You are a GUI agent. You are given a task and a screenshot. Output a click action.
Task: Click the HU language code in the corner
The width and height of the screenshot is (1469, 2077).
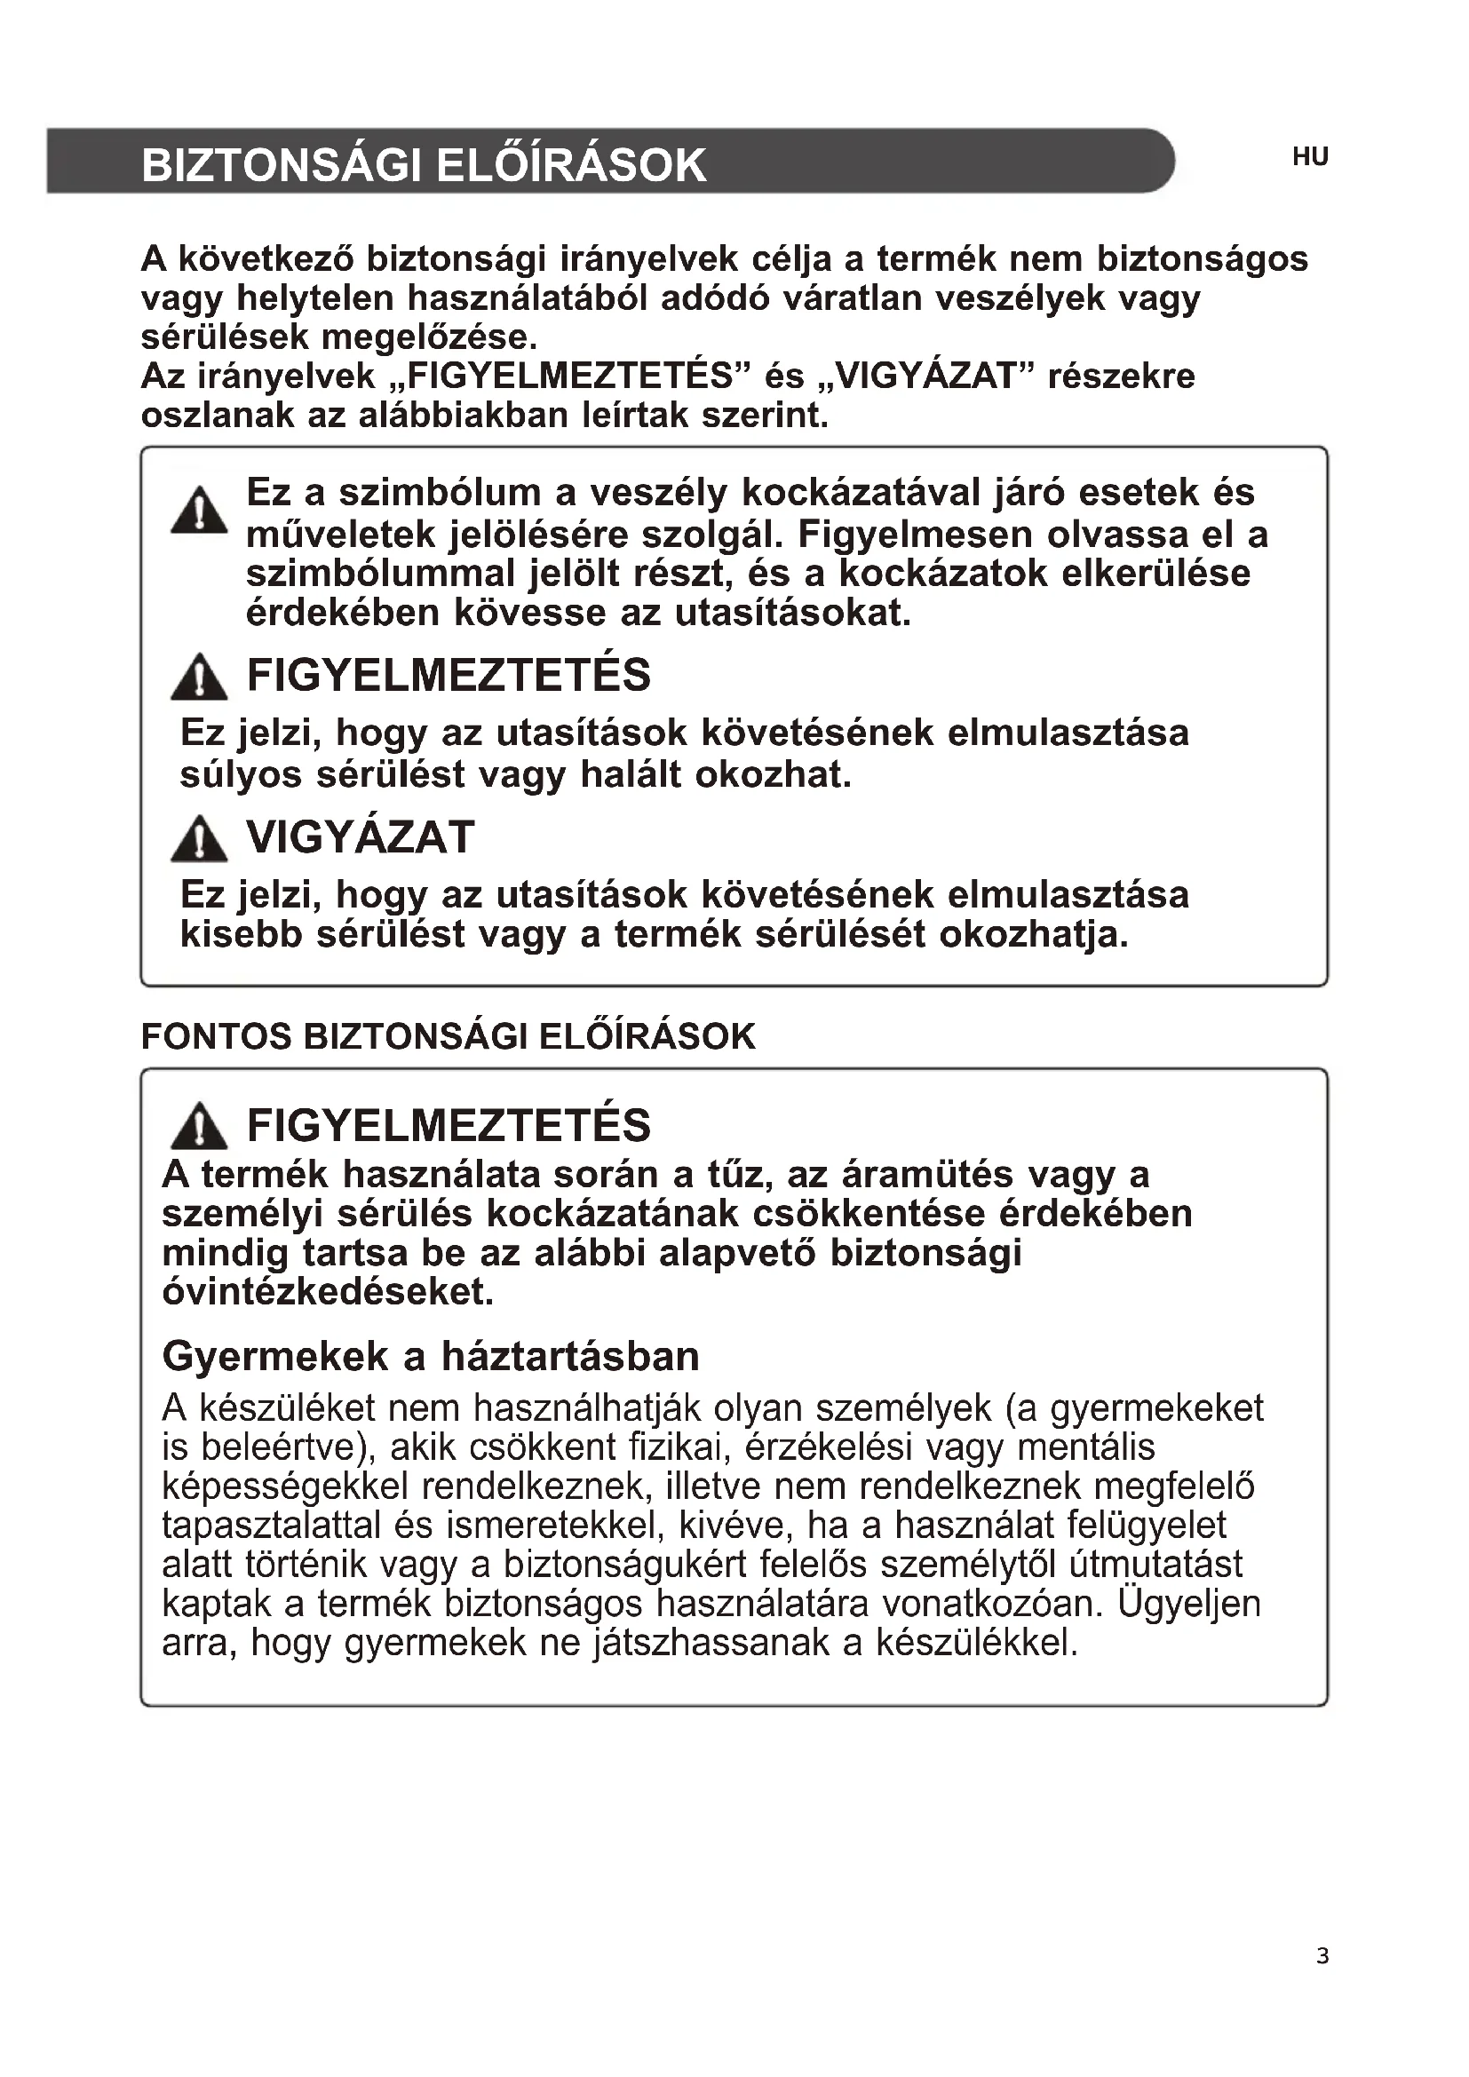pyautogui.click(x=1310, y=157)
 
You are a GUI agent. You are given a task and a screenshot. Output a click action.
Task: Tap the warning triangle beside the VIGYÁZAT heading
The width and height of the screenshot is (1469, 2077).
pyautogui.click(x=199, y=838)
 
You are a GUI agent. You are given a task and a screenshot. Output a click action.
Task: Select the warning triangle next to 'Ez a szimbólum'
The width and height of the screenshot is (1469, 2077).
pyautogui.click(x=199, y=511)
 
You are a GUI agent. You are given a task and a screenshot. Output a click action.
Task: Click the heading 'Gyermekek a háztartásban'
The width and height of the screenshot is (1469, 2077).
pyautogui.click(x=431, y=1356)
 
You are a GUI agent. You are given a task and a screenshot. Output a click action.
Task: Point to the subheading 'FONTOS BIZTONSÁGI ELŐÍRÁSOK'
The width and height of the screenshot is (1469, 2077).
pyautogui.click(x=448, y=1036)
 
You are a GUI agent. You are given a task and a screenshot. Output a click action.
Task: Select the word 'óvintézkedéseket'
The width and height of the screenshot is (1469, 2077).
pyautogui.click(x=328, y=1292)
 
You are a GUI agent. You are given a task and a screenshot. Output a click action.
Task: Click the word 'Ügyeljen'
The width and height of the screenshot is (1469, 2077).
pyautogui.click(x=1188, y=1604)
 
